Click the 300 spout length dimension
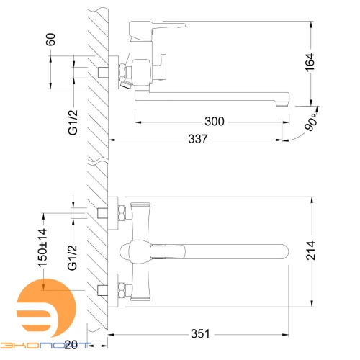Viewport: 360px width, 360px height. [215, 121]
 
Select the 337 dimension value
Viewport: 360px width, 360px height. [198, 139]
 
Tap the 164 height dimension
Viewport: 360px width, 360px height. [310, 63]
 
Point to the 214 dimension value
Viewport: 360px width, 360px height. [310, 251]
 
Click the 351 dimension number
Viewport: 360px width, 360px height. [200, 333]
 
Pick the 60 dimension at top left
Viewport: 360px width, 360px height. [50, 40]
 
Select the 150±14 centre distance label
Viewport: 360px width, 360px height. [42, 248]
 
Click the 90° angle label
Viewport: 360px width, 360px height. [311, 122]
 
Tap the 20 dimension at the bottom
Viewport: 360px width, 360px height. [71, 345]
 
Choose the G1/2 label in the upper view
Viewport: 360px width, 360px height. [73, 122]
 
